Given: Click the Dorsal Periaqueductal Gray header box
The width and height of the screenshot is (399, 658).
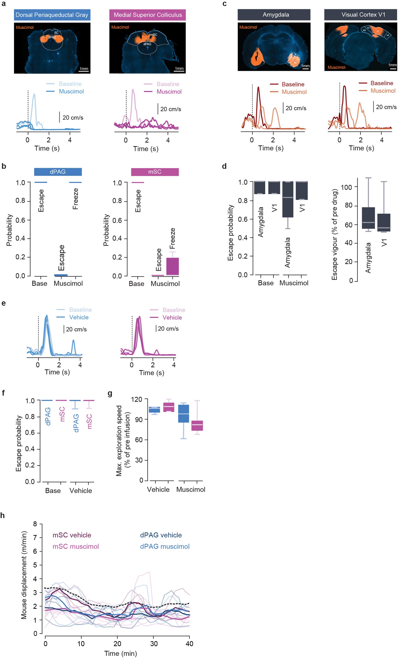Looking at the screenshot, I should point(52,15).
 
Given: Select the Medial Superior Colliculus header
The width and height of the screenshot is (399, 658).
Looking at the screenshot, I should point(147,15).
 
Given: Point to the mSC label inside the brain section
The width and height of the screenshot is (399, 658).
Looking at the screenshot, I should point(154,35).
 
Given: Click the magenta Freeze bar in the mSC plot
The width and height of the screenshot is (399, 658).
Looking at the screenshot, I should point(172,266).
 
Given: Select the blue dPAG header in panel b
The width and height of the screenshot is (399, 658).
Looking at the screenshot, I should point(58,172).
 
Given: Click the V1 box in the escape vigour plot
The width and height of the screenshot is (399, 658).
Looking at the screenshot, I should point(384,222).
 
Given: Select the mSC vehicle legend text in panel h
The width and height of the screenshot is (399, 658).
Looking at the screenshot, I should point(72,535).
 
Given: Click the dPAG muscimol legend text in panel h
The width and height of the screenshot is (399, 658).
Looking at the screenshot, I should point(165,546).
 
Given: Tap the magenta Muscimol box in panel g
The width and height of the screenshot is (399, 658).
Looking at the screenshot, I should point(197,425).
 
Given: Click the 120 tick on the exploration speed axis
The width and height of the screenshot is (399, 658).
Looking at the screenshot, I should point(136,400).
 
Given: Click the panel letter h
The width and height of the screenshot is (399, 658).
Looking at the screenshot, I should point(3,515).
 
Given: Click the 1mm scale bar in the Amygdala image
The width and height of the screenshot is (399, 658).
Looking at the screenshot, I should point(305,69).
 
